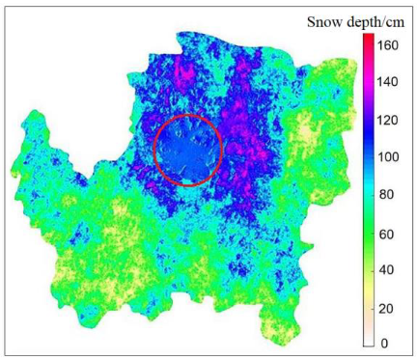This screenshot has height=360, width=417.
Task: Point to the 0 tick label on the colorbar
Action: click(383, 343)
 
